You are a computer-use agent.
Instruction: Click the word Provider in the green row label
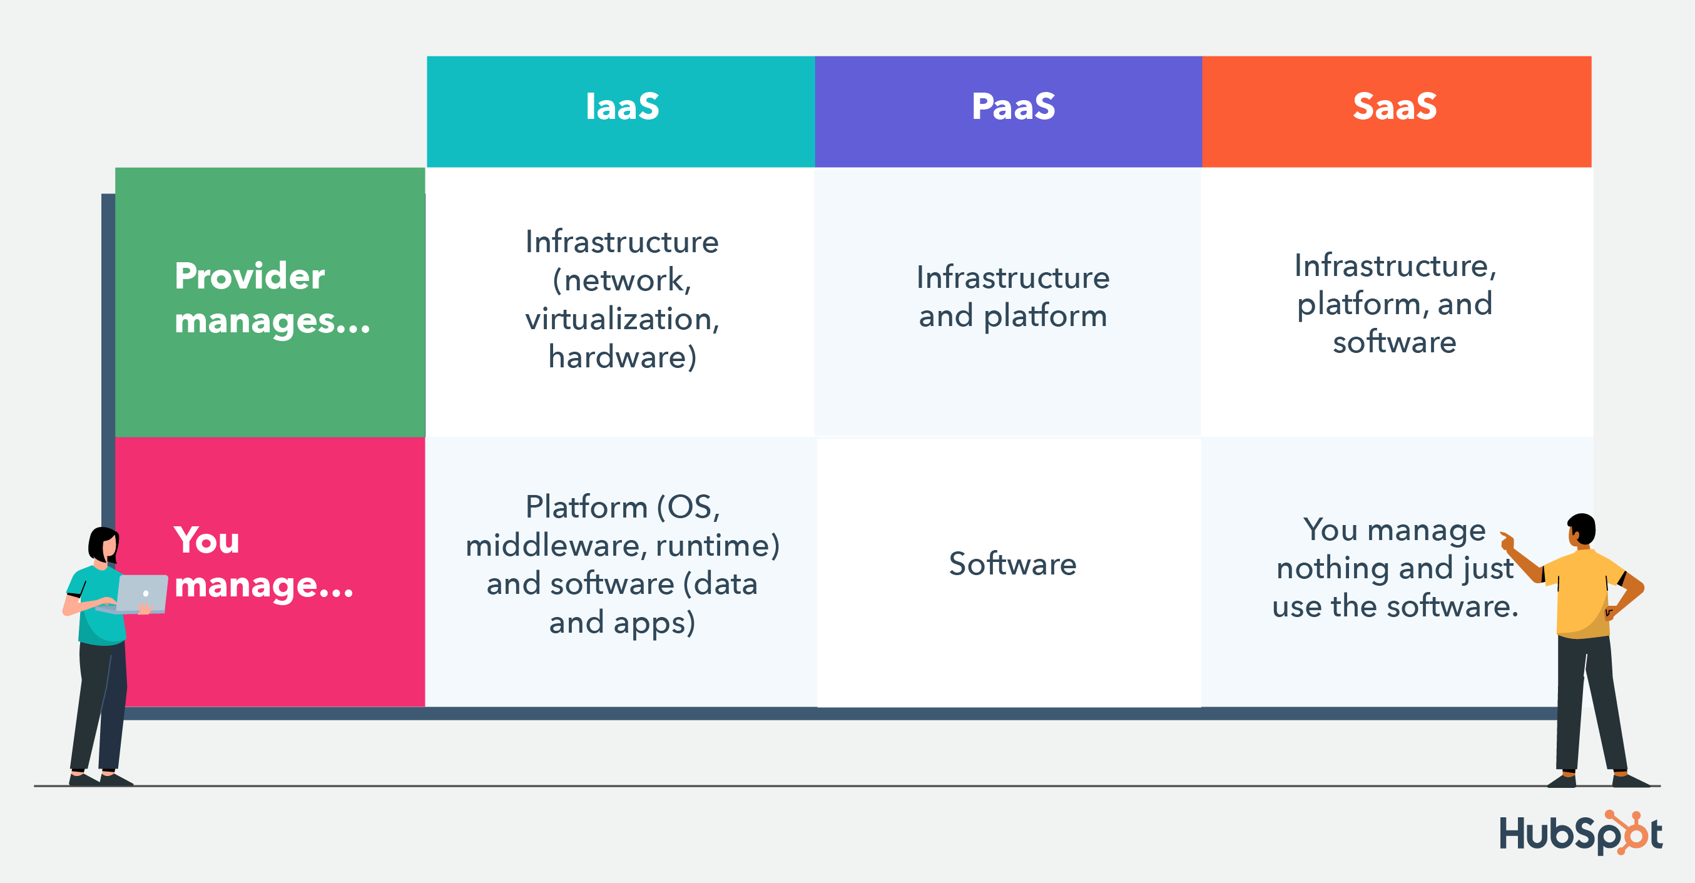point(250,277)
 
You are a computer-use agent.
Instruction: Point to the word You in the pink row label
point(206,541)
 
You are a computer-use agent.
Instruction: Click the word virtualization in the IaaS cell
point(621,319)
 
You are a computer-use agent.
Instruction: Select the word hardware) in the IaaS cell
point(622,357)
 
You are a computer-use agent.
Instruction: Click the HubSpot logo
point(1579,834)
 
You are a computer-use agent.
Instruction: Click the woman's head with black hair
point(104,543)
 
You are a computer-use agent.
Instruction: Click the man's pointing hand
point(1506,541)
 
